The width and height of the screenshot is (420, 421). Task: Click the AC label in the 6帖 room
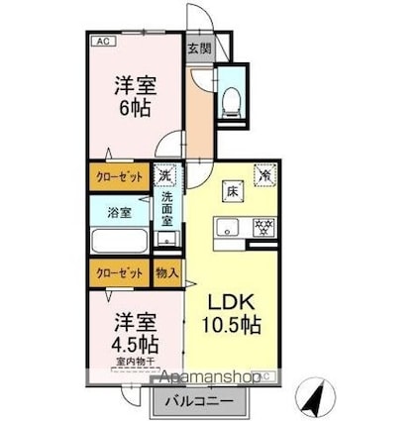point(102,41)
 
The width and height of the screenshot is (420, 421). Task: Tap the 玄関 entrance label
point(198,47)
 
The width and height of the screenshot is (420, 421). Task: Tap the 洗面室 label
point(167,208)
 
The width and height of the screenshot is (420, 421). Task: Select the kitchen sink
point(226,227)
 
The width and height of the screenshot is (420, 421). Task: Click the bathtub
point(119,242)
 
